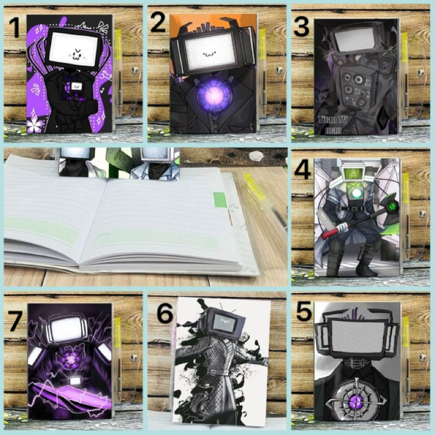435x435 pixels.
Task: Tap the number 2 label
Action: (x=158, y=23)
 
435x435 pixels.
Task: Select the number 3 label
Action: (x=302, y=27)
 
